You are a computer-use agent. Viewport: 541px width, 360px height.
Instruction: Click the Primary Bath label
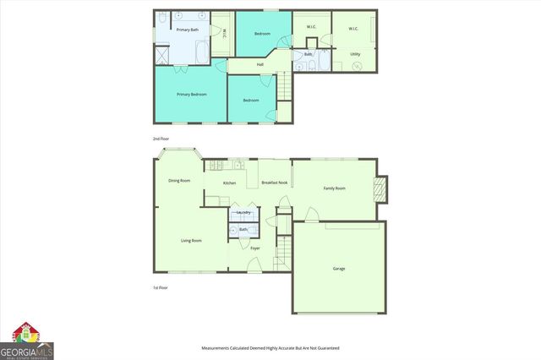point(188,30)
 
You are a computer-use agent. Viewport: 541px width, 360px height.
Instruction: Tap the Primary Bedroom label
point(191,94)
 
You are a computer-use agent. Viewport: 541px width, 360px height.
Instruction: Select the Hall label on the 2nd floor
point(260,65)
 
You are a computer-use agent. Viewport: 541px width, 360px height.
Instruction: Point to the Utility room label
point(355,54)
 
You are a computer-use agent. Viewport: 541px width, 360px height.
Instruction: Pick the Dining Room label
point(179,180)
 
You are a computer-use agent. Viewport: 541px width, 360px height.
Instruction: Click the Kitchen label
point(229,183)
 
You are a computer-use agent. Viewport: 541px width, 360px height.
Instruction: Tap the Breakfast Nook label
point(275,183)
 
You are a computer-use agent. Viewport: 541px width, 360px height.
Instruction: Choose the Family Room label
point(335,188)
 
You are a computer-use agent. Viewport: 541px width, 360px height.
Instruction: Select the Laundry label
point(243,212)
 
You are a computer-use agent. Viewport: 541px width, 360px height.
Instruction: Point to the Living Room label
point(191,241)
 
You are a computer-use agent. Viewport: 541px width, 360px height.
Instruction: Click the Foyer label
point(254,248)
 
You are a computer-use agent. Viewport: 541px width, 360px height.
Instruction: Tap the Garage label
point(338,269)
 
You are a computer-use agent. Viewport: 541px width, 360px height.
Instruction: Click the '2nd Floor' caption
point(161,138)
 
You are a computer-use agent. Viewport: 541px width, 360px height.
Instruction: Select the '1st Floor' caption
point(161,288)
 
